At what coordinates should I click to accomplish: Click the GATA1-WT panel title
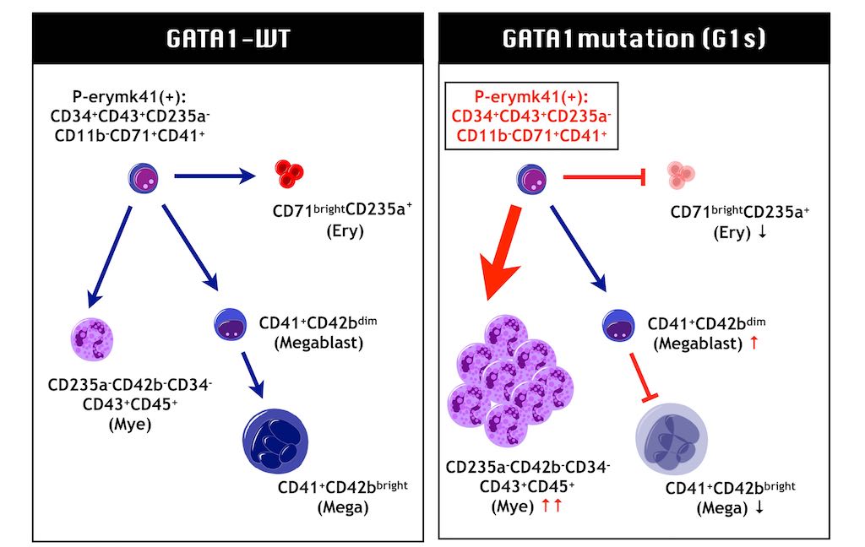228,39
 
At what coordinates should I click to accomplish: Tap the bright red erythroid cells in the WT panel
289,175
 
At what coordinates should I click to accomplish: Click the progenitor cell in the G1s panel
531,178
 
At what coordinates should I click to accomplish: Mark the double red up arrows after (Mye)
551,507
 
